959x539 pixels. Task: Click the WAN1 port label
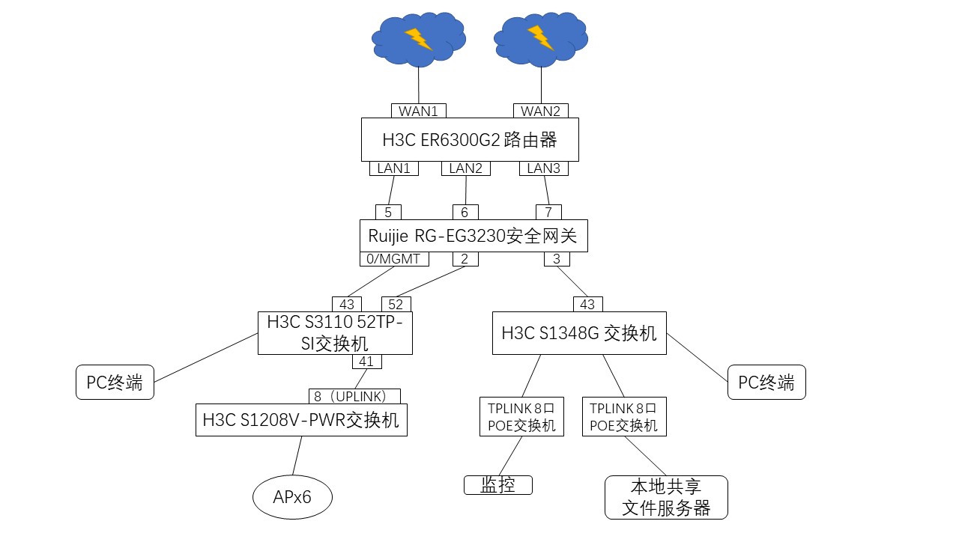pyautogui.click(x=418, y=111)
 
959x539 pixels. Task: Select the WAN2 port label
pyautogui.click(x=540, y=111)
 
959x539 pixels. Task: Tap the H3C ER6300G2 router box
pyautogui.click(x=469, y=139)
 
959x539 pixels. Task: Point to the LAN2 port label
pyautogui.click(x=465, y=168)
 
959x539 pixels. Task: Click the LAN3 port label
pyautogui.click(x=543, y=168)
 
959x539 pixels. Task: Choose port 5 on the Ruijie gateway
pyautogui.click(x=388, y=213)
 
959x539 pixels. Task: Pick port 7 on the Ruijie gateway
pyautogui.click(x=548, y=213)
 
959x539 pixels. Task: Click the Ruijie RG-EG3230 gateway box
pyautogui.click(x=473, y=236)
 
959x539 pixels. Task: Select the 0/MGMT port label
pyautogui.click(x=395, y=259)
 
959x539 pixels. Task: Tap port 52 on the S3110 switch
pyautogui.click(x=396, y=305)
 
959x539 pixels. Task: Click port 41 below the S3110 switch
pyautogui.click(x=366, y=362)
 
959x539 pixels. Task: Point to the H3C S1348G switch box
pyautogui.click(x=579, y=333)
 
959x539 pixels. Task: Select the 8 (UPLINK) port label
pyautogui.click(x=354, y=396)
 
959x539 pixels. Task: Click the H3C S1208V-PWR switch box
pyautogui.click(x=301, y=420)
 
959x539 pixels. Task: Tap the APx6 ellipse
pyautogui.click(x=292, y=496)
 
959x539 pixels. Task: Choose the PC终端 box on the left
pyautogui.click(x=115, y=383)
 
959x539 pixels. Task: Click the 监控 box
pyautogui.click(x=497, y=485)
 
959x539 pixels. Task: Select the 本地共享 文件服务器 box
pyautogui.click(x=666, y=497)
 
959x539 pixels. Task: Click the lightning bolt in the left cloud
pyautogui.click(x=418, y=38)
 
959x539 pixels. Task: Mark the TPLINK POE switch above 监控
pyautogui.click(x=521, y=416)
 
